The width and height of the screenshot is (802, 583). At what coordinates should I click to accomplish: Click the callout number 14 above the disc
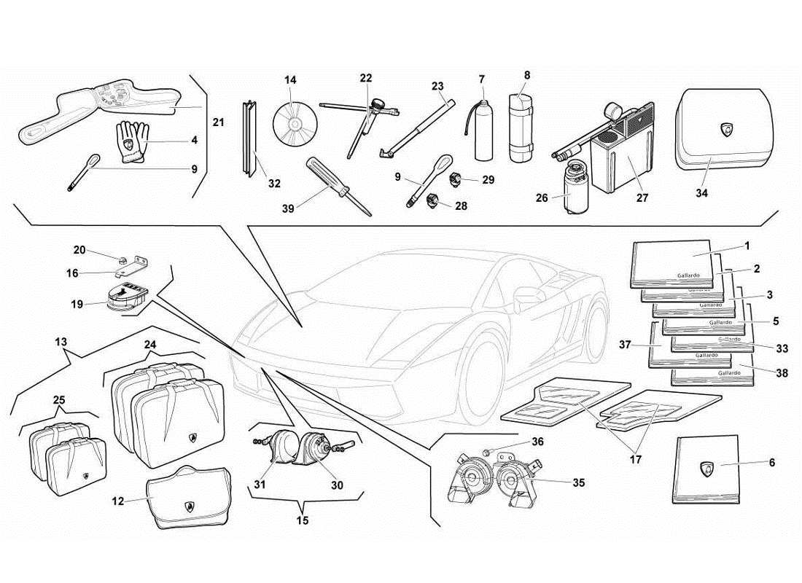point(291,79)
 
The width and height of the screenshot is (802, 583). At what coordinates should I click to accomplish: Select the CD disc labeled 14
point(296,122)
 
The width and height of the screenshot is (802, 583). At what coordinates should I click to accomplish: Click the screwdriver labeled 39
point(338,185)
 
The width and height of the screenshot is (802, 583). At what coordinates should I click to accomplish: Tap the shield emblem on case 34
point(727,130)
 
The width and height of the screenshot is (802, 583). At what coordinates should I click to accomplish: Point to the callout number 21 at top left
point(218,122)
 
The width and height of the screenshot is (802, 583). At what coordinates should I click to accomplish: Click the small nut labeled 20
point(125,258)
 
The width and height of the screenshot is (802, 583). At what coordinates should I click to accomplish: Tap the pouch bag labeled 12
point(189,500)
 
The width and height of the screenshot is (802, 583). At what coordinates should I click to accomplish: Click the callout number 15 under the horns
point(303,520)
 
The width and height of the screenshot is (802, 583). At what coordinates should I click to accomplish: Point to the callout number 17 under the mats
point(635,460)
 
